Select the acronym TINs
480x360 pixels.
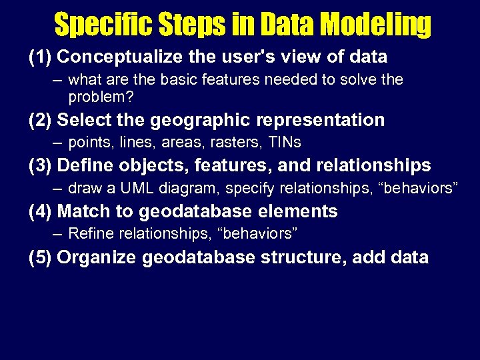pyautogui.click(x=286, y=143)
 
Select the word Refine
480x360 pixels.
pyautogui.click(x=90, y=233)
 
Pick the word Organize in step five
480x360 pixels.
pyautogui.click(x=97, y=257)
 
